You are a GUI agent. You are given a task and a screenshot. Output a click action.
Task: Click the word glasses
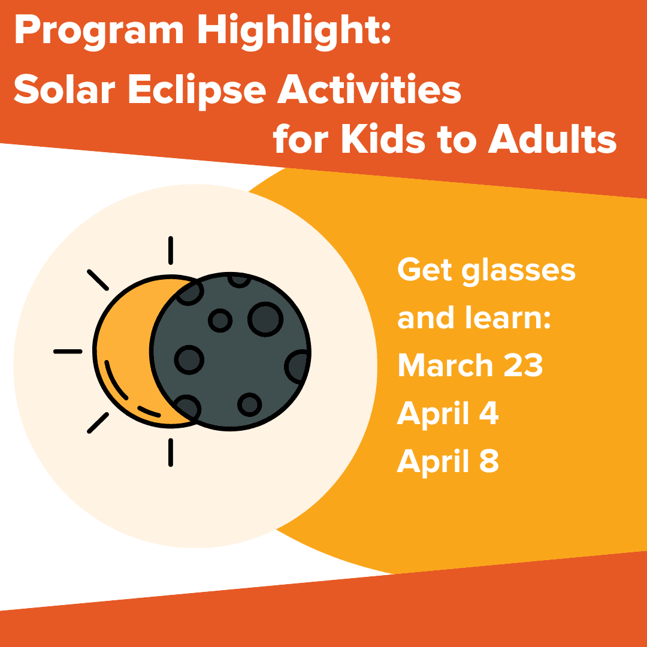[x=519, y=271]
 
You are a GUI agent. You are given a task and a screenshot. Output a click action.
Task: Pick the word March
[x=443, y=365]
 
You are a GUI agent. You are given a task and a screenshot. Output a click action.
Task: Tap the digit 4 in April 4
[x=490, y=413]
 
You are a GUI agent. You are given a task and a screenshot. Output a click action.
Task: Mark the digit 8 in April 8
[x=489, y=461]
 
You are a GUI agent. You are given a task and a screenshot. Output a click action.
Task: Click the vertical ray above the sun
[x=171, y=250]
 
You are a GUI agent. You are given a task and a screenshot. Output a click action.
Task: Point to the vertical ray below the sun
[x=171, y=452]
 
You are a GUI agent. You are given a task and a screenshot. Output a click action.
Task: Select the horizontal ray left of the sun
[x=68, y=351]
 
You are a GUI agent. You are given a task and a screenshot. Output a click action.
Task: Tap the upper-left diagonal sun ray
[x=98, y=280]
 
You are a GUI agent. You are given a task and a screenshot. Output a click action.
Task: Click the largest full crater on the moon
[x=265, y=318]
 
